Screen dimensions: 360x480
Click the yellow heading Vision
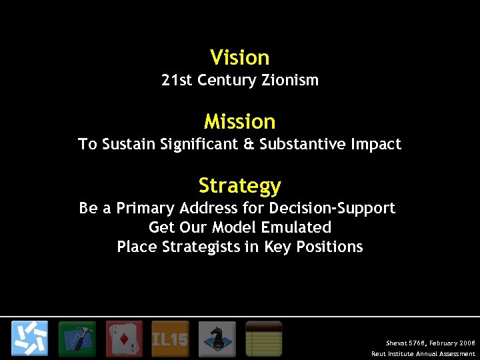click(239, 57)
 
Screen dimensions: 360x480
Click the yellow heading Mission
click(239, 121)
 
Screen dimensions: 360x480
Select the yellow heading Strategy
click(239, 185)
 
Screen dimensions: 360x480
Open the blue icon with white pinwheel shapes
click(29, 339)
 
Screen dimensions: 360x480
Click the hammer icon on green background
click(77, 339)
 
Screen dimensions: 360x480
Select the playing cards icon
click(124, 339)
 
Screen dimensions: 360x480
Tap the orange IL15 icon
click(170, 339)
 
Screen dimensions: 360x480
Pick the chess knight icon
click(217, 339)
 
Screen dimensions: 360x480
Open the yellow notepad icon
click(263, 339)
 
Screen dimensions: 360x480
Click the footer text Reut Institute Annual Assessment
click(423, 353)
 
